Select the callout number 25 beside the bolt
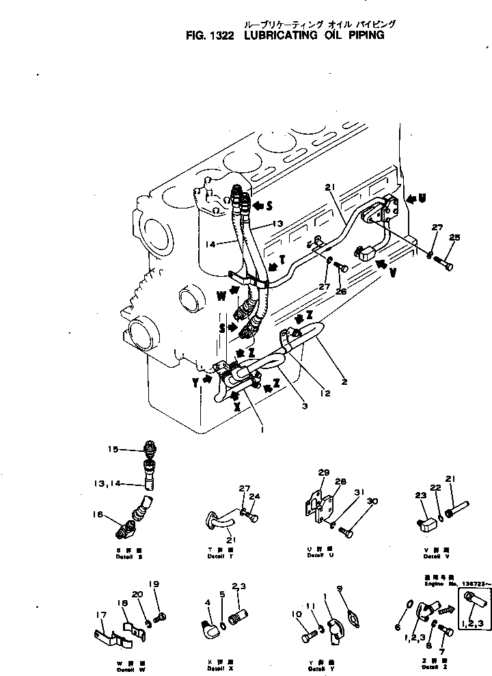coord(455,237)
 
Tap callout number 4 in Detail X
coord(208,601)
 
